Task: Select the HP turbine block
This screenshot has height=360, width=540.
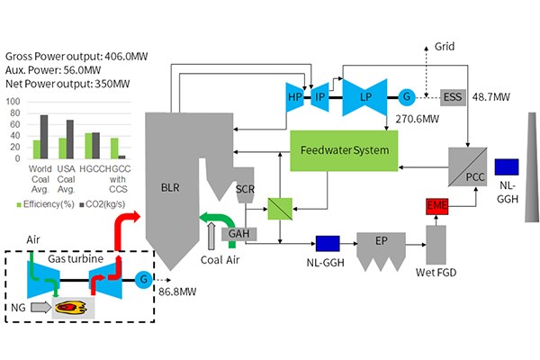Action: pos(293,96)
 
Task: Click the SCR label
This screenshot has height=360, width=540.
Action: pos(246,190)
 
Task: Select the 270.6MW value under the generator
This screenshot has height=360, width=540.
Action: pos(400,118)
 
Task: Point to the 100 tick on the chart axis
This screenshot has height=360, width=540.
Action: pos(13,102)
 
